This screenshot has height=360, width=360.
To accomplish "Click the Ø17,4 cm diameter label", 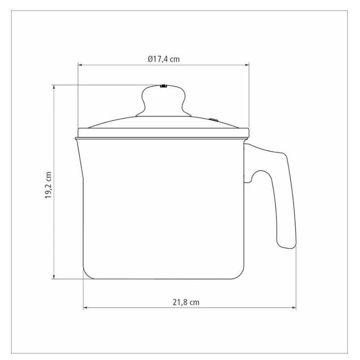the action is [163, 59].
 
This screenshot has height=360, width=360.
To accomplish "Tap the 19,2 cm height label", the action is [49, 185].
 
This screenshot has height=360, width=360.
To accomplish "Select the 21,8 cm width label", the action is [186, 302].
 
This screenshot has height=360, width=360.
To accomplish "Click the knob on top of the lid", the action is [163, 101].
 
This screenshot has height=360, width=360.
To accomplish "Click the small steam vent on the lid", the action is [213, 120].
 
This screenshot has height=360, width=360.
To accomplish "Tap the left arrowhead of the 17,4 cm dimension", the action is [80, 65].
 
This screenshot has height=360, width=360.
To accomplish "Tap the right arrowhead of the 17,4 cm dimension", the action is [247, 65].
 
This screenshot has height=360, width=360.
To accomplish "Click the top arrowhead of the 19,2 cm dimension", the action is [54, 87].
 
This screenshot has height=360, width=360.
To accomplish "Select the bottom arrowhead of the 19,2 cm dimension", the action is [54, 277].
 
